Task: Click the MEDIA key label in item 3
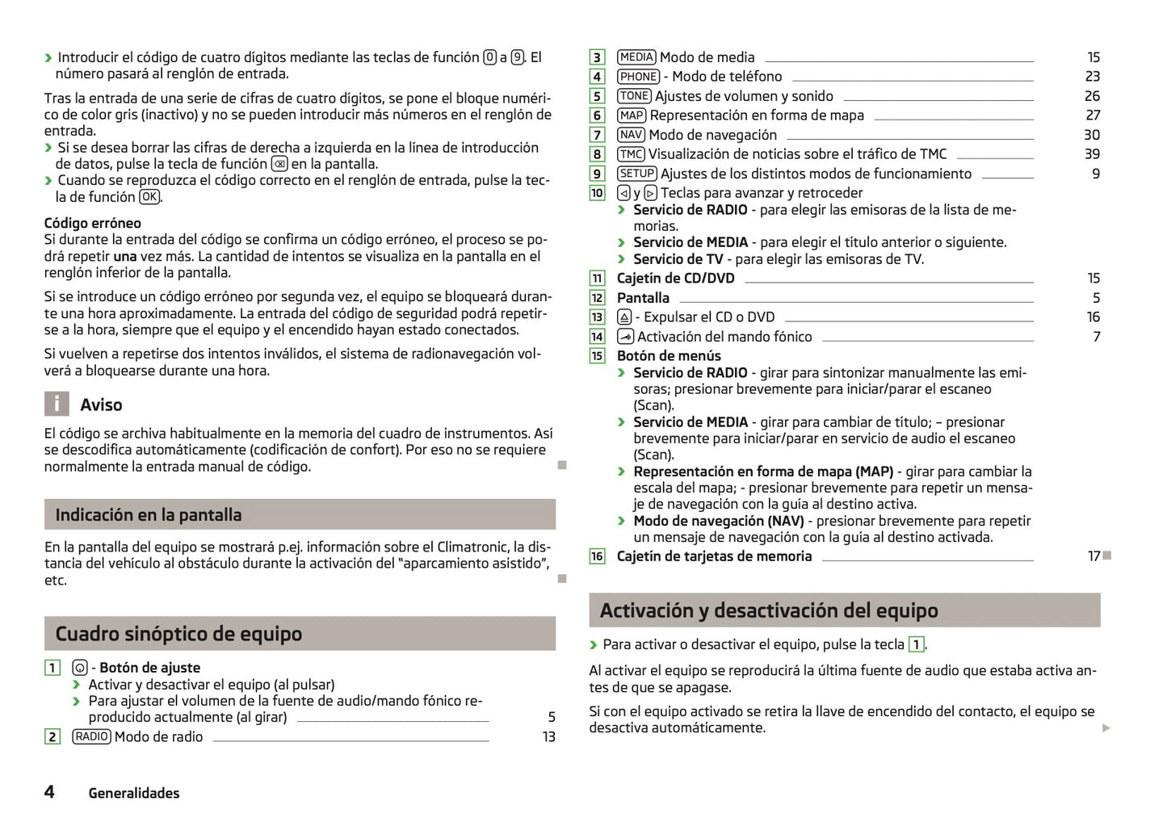(x=636, y=57)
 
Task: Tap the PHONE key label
(x=638, y=77)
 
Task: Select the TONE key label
(x=634, y=96)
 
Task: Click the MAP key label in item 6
(x=632, y=115)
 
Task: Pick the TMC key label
(x=631, y=154)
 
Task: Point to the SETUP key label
(x=636, y=174)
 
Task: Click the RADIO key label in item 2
(x=91, y=736)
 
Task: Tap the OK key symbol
(x=149, y=197)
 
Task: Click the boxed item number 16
(x=597, y=556)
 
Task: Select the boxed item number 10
(x=597, y=193)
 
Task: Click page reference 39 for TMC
(x=1092, y=154)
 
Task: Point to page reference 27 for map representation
(x=1092, y=115)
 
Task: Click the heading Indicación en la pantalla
(x=149, y=514)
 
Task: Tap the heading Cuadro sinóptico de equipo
(x=178, y=634)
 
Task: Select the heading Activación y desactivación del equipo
(x=769, y=610)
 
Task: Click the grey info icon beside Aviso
(x=56, y=404)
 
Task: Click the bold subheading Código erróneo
(x=92, y=223)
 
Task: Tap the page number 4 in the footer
(x=49, y=791)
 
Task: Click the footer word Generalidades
(x=134, y=793)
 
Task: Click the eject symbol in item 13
(x=624, y=317)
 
